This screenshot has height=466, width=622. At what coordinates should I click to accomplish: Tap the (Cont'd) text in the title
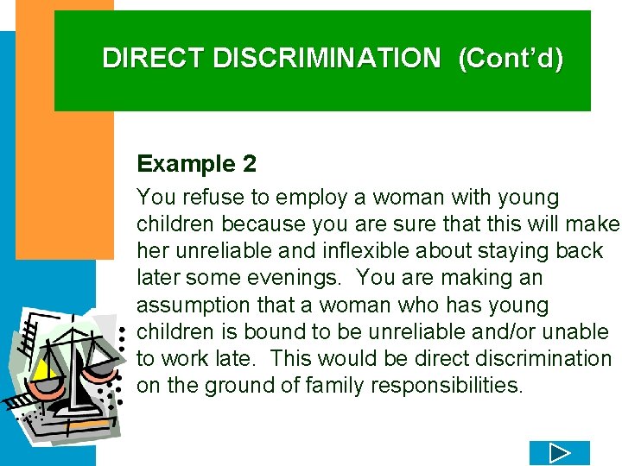(x=511, y=58)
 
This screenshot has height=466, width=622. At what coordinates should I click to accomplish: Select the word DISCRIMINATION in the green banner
(x=327, y=58)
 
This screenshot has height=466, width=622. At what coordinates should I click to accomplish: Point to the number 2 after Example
(x=249, y=164)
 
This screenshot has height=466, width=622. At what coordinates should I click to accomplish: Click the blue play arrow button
(x=559, y=453)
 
